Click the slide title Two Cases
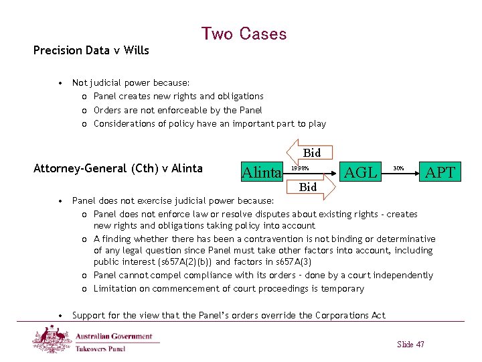tap(244, 34)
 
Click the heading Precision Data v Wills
tap(91, 50)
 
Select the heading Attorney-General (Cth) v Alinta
tap(118, 168)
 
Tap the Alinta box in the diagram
tap(261, 173)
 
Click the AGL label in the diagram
tap(360, 172)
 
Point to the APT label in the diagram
tap(440, 172)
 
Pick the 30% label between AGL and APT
tap(398, 168)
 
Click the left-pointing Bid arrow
tap(307, 153)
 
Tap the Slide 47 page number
tap(410, 344)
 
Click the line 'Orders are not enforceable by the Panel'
tap(177, 110)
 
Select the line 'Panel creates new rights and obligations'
tap(178, 97)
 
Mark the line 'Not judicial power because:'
tap(131, 83)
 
